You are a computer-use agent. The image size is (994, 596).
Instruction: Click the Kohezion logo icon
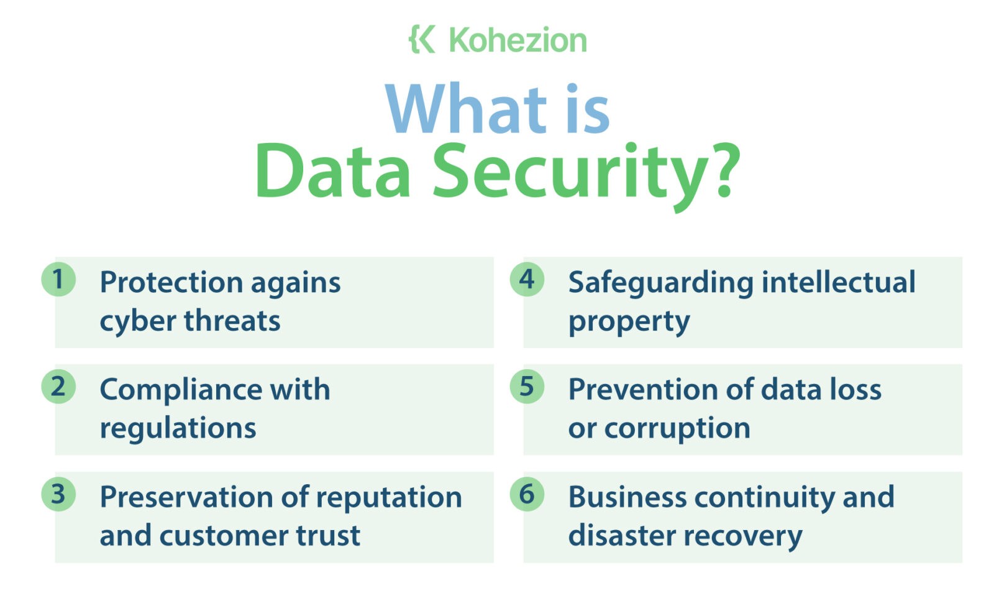coord(422,39)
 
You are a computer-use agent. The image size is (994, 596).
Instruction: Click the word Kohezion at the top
coord(518,40)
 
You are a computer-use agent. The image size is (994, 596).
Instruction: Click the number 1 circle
coord(58,279)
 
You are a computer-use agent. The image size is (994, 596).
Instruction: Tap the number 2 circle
coord(58,387)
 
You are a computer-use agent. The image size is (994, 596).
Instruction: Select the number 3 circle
coord(58,494)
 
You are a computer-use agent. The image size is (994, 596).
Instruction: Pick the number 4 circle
coord(527,279)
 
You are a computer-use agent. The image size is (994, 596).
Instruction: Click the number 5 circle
coord(527,387)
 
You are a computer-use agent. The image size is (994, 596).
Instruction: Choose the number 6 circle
coord(527,494)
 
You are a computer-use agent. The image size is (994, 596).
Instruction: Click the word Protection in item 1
coord(171,282)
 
